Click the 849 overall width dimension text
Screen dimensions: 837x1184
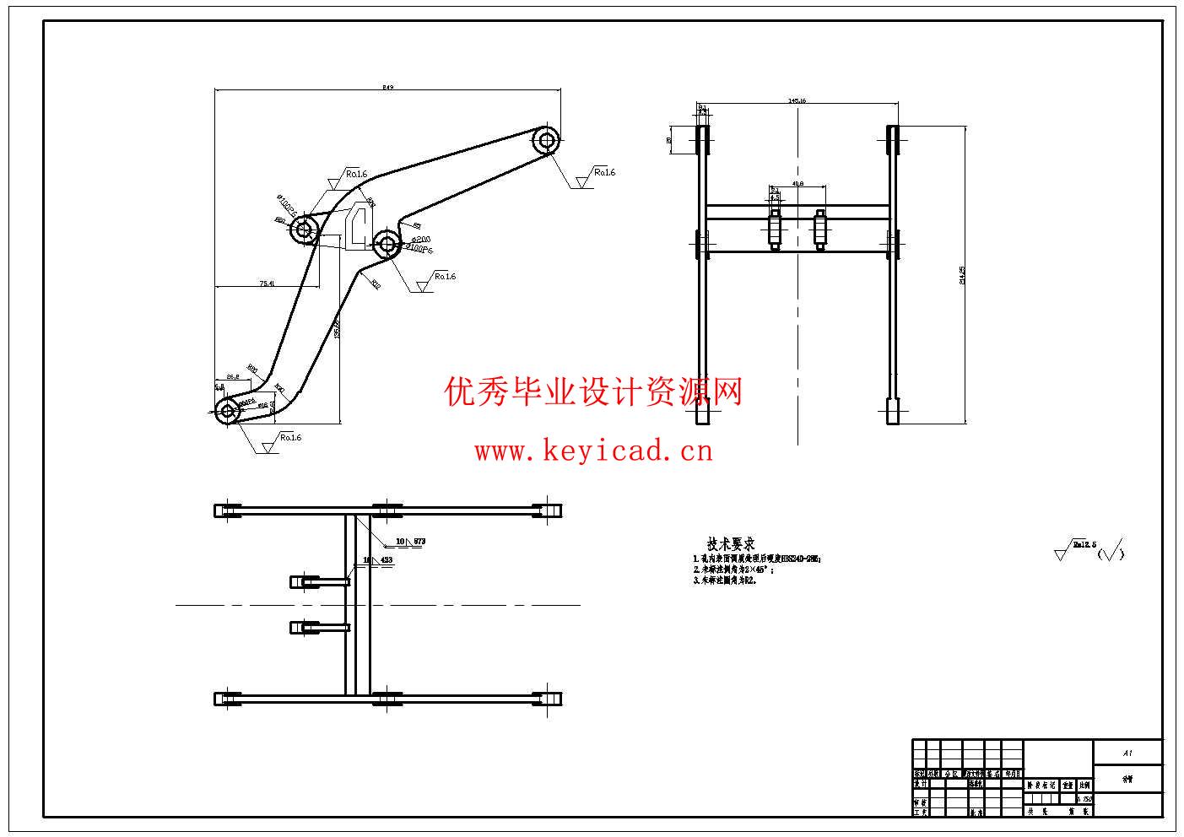pyautogui.click(x=388, y=87)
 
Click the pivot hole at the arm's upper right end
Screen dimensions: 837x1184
pyautogui.click(x=546, y=140)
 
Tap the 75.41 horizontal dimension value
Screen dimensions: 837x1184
pyautogui.click(x=267, y=283)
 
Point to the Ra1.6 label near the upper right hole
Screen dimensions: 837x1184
pyautogui.click(x=604, y=172)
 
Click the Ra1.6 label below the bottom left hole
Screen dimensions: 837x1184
pyautogui.click(x=290, y=437)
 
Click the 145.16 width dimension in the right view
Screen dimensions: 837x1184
pyautogui.click(x=797, y=100)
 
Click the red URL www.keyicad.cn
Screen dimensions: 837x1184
pyautogui.click(x=593, y=451)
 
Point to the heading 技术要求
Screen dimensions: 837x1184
pyautogui.click(x=730, y=544)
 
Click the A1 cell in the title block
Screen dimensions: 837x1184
pyautogui.click(x=1127, y=753)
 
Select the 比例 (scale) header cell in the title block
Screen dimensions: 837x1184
pyautogui.click(x=1084, y=785)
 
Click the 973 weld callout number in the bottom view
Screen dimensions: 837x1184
pyautogui.click(x=419, y=541)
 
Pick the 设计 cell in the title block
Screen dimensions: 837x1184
pyautogui.click(x=921, y=784)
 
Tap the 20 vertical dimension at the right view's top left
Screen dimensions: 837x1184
pyautogui.click(x=669, y=140)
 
